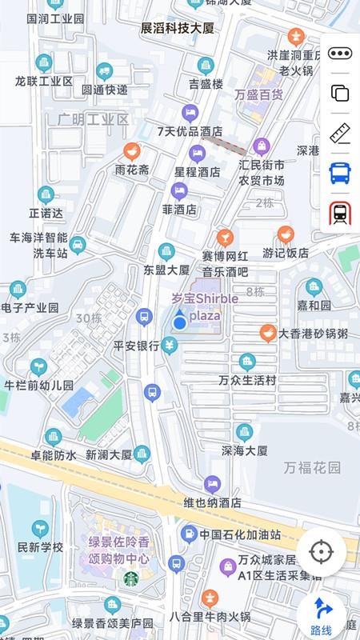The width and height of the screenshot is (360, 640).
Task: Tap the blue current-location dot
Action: tap(180, 322)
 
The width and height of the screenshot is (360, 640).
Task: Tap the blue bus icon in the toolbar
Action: tap(340, 172)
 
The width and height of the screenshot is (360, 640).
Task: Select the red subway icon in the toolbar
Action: tap(340, 213)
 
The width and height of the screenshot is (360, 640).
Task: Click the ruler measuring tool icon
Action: tap(340, 132)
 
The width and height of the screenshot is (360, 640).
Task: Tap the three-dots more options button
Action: tap(340, 54)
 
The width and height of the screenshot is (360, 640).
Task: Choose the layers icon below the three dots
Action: tap(340, 93)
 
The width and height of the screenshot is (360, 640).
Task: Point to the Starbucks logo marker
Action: tap(131, 578)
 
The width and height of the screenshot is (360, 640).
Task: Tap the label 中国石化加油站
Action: tap(240, 534)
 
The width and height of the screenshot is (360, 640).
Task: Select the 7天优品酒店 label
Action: tap(190, 131)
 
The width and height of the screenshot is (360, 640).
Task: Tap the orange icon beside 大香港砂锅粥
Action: tap(268, 333)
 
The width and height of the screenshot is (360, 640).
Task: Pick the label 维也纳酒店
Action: tap(212, 503)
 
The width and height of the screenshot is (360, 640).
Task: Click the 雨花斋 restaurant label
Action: tap(132, 170)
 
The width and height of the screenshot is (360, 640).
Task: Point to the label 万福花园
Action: tap(313, 466)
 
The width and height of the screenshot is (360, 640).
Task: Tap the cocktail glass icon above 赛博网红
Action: tap(226, 237)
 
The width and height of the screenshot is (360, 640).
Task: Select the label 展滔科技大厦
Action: tap(178, 28)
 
